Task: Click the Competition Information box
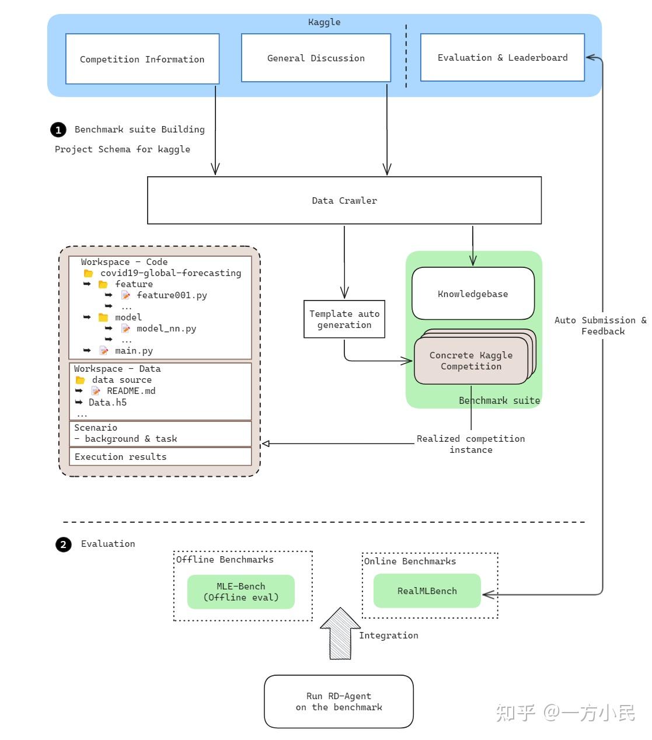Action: (x=142, y=59)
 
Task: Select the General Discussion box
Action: (x=316, y=58)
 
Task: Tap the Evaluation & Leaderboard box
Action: (x=502, y=57)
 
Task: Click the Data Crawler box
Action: (x=344, y=200)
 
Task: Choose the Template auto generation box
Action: (x=344, y=319)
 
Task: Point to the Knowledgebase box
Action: (x=473, y=294)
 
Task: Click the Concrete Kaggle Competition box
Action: (x=470, y=361)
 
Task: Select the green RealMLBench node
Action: (x=427, y=591)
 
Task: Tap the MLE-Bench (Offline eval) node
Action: (x=240, y=592)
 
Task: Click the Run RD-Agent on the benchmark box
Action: (x=339, y=701)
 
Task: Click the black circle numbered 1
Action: (x=58, y=130)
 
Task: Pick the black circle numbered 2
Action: (x=63, y=544)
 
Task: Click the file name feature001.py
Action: (x=172, y=295)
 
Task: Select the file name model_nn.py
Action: (x=166, y=329)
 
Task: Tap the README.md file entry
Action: (x=131, y=391)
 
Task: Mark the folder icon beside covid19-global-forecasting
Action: (x=89, y=273)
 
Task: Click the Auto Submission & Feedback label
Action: (x=601, y=326)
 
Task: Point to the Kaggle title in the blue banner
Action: (x=324, y=22)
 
